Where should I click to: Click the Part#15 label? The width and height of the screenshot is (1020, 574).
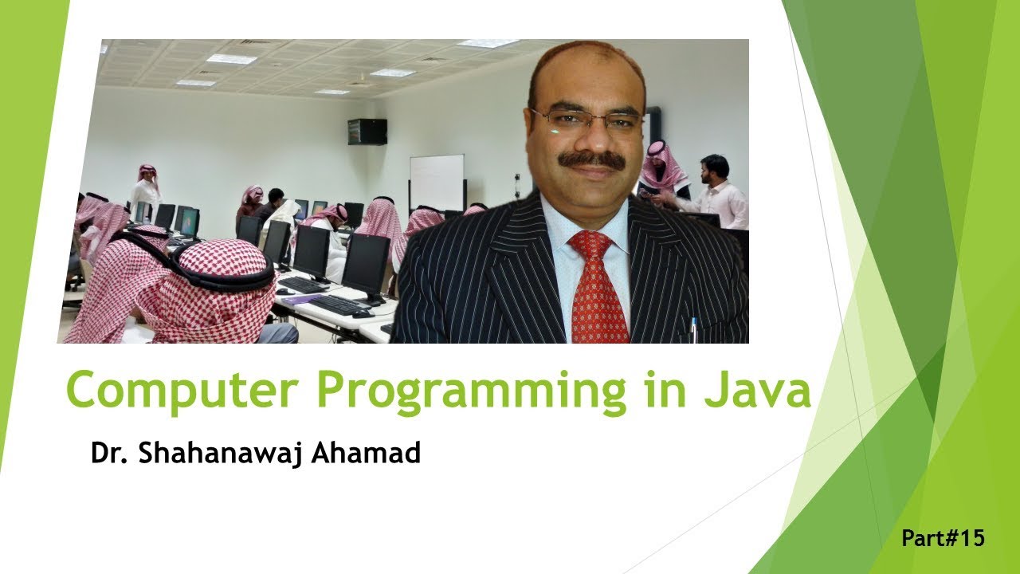(943, 538)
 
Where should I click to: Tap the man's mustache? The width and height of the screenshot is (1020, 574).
(591, 159)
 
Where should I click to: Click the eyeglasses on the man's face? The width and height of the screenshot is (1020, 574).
(586, 120)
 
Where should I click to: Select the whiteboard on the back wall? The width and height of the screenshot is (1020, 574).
(437, 182)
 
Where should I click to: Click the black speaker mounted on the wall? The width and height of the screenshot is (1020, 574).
(367, 132)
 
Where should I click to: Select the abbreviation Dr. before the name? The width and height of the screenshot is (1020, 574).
(108, 453)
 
